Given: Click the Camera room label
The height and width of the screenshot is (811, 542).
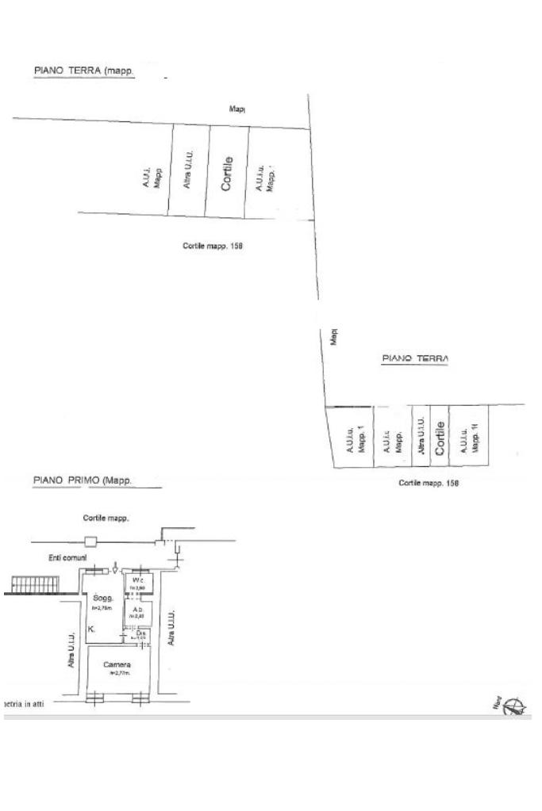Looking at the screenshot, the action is [x=116, y=664].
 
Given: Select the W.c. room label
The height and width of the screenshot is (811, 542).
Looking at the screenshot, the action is [x=138, y=581].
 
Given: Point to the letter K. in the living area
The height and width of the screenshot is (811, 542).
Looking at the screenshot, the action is [x=91, y=629].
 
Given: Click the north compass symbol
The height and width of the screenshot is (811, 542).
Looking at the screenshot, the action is [x=513, y=705].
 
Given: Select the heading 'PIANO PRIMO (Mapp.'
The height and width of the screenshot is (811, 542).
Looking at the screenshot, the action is [x=83, y=480].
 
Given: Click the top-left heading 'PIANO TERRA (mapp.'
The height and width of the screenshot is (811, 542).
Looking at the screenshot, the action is [x=84, y=71].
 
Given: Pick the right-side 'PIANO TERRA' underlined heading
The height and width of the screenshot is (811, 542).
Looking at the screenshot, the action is [x=415, y=358].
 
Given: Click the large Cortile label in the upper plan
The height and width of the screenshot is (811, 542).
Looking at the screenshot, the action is [x=227, y=173].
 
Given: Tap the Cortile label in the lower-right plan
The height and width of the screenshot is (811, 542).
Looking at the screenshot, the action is [x=440, y=436].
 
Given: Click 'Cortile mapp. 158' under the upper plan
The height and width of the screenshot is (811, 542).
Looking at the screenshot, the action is [x=212, y=246].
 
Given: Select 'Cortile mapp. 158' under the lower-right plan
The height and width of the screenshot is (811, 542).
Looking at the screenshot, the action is [x=428, y=483].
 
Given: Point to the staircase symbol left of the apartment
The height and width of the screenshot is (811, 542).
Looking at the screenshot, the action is [x=32, y=585].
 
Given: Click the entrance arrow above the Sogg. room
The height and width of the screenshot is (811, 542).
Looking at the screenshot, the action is [x=117, y=568].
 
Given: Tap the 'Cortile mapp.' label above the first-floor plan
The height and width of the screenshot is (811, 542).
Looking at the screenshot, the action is [x=106, y=518].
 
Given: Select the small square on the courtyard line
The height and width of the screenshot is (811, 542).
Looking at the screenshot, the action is [x=92, y=542].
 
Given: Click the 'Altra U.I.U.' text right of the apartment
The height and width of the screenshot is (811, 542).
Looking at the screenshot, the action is [x=171, y=629].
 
